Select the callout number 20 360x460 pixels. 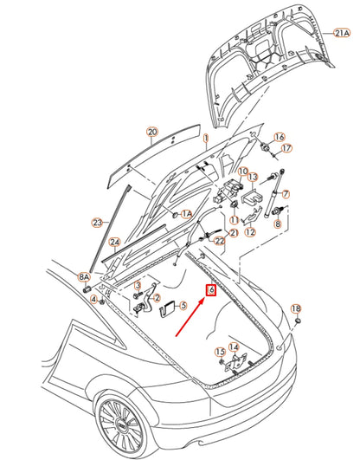[152, 133]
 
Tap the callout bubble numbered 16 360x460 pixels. [280, 138]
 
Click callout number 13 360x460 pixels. [254, 177]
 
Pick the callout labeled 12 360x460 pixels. [250, 231]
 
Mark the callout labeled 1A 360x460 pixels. [186, 213]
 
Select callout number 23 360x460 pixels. [98, 223]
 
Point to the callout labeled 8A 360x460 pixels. [85, 277]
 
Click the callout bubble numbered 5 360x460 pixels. [183, 305]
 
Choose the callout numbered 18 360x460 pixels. [295, 309]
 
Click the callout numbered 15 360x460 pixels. [220, 352]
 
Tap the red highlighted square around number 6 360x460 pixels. [209, 291]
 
